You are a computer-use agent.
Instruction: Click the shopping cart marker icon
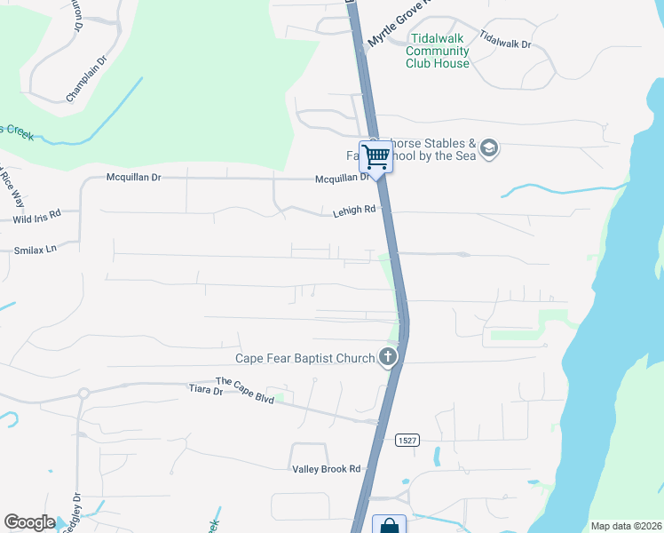(375, 157)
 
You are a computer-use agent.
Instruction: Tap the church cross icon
(387, 357)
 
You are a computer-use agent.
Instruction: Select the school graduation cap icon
(488, 148)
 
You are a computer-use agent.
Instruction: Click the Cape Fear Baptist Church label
(304, 359)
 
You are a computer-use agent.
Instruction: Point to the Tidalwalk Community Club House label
(438, 51)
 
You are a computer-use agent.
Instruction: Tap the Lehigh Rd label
(354, 211)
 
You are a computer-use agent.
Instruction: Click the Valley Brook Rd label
(326, 469)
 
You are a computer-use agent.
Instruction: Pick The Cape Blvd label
(245, 387)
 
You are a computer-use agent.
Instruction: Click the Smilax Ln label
(35, 250)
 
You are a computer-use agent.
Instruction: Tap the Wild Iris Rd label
(36, 216)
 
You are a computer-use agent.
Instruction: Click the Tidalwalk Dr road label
(504, 38)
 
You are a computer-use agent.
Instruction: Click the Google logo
(29, 522)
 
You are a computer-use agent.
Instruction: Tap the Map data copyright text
(626, 526)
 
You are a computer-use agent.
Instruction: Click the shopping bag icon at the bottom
(389, 526)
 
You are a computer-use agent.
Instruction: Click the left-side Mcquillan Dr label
(133, 178)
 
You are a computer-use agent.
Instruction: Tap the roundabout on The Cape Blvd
(83, 393)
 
